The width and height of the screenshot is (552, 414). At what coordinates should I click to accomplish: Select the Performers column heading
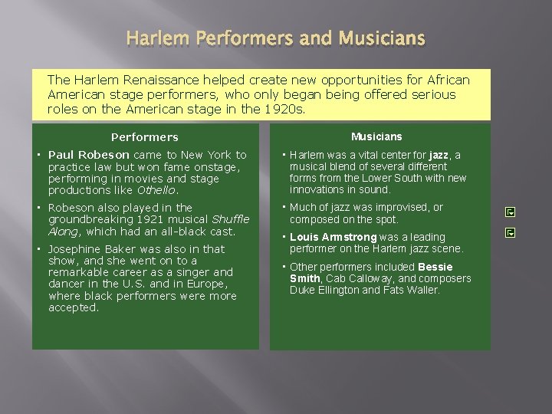click(145, 137)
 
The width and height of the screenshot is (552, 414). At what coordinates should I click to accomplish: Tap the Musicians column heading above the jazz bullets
click(376, 136)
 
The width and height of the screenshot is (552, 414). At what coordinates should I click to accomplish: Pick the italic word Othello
click(156, 190)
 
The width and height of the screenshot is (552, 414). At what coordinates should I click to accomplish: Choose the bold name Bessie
click(435, 267)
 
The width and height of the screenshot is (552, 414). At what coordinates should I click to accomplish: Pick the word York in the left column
click(222, 155)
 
